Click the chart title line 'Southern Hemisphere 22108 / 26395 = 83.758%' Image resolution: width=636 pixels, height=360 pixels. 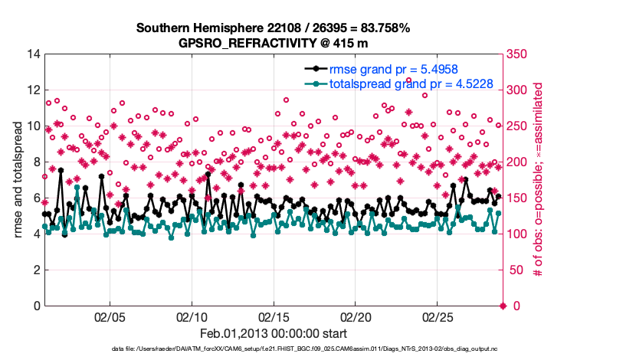(x=274, y=28)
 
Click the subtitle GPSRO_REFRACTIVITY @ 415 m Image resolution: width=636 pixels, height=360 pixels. (x=274, y=43)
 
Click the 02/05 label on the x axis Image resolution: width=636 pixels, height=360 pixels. (x=109, y=317)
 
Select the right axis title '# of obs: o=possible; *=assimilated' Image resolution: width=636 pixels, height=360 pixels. (x=539, y=180)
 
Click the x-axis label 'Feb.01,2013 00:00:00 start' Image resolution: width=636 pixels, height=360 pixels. (x=274, y=334)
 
